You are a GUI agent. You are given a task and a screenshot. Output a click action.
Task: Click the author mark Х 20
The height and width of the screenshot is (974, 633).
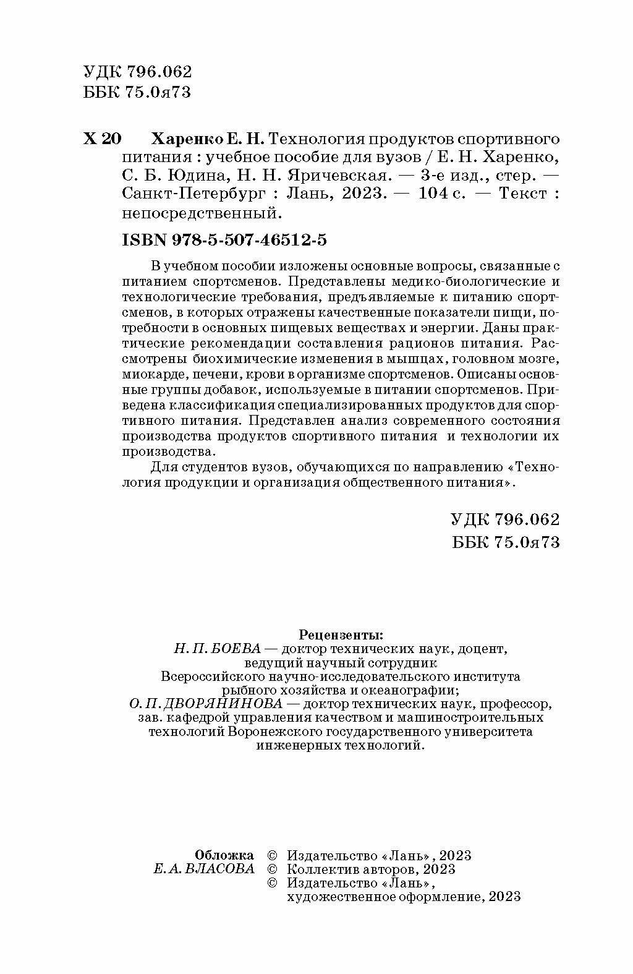click(x=102, y=139)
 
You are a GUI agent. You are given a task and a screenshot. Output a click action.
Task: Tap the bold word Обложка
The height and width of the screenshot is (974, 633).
click(x=224, y=855)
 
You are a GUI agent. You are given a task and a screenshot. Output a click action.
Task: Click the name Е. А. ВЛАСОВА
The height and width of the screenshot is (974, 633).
click(x=203, y=869)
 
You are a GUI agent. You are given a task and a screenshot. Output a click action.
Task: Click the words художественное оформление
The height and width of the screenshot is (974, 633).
click(x=384, y=897)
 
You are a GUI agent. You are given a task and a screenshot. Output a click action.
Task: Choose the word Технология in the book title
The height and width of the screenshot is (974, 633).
click(x=313, y=139)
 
